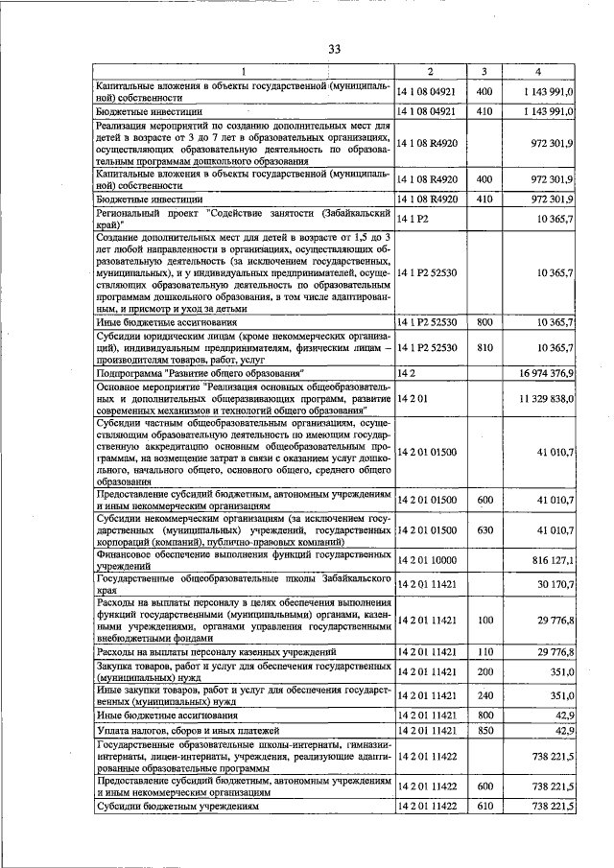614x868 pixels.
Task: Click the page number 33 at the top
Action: coord(334,49)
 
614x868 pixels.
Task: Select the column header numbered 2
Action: coord(430,72)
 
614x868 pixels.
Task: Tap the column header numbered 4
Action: coord(538,72)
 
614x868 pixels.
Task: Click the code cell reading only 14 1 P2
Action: coord(414,220)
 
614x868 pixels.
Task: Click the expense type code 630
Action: coord(484,528)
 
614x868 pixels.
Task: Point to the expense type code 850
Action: coord(484,731)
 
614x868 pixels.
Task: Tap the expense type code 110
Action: coord(484,652)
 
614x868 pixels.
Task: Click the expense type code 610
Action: coord(484,808)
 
